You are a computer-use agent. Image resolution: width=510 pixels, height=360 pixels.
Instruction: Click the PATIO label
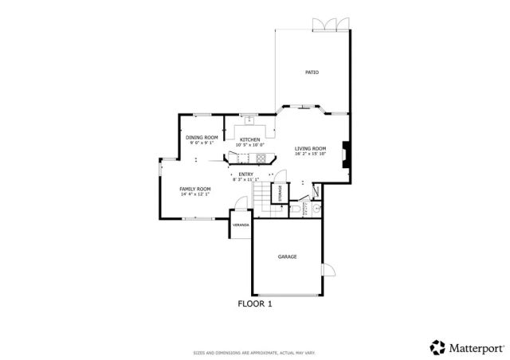312,72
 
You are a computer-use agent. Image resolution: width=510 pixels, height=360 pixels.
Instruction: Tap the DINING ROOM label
202,138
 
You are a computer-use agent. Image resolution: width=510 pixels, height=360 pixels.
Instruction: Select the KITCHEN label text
250,139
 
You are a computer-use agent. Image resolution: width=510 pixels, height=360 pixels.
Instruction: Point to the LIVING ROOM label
310,149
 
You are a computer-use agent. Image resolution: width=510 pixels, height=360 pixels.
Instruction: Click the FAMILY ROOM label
194,189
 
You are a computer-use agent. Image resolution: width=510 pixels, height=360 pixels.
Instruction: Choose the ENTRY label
245,174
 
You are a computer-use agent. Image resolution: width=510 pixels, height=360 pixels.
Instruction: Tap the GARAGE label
287,256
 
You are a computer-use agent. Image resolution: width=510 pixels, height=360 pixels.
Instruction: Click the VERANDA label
241,225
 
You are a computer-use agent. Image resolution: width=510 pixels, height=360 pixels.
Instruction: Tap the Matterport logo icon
437,347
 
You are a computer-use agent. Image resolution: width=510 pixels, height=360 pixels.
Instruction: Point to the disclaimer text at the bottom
254,353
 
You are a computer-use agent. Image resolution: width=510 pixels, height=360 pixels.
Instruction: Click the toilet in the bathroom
296,209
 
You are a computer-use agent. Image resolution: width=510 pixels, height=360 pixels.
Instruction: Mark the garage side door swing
328,269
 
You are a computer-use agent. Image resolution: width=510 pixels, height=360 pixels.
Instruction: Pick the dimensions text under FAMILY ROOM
194,194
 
